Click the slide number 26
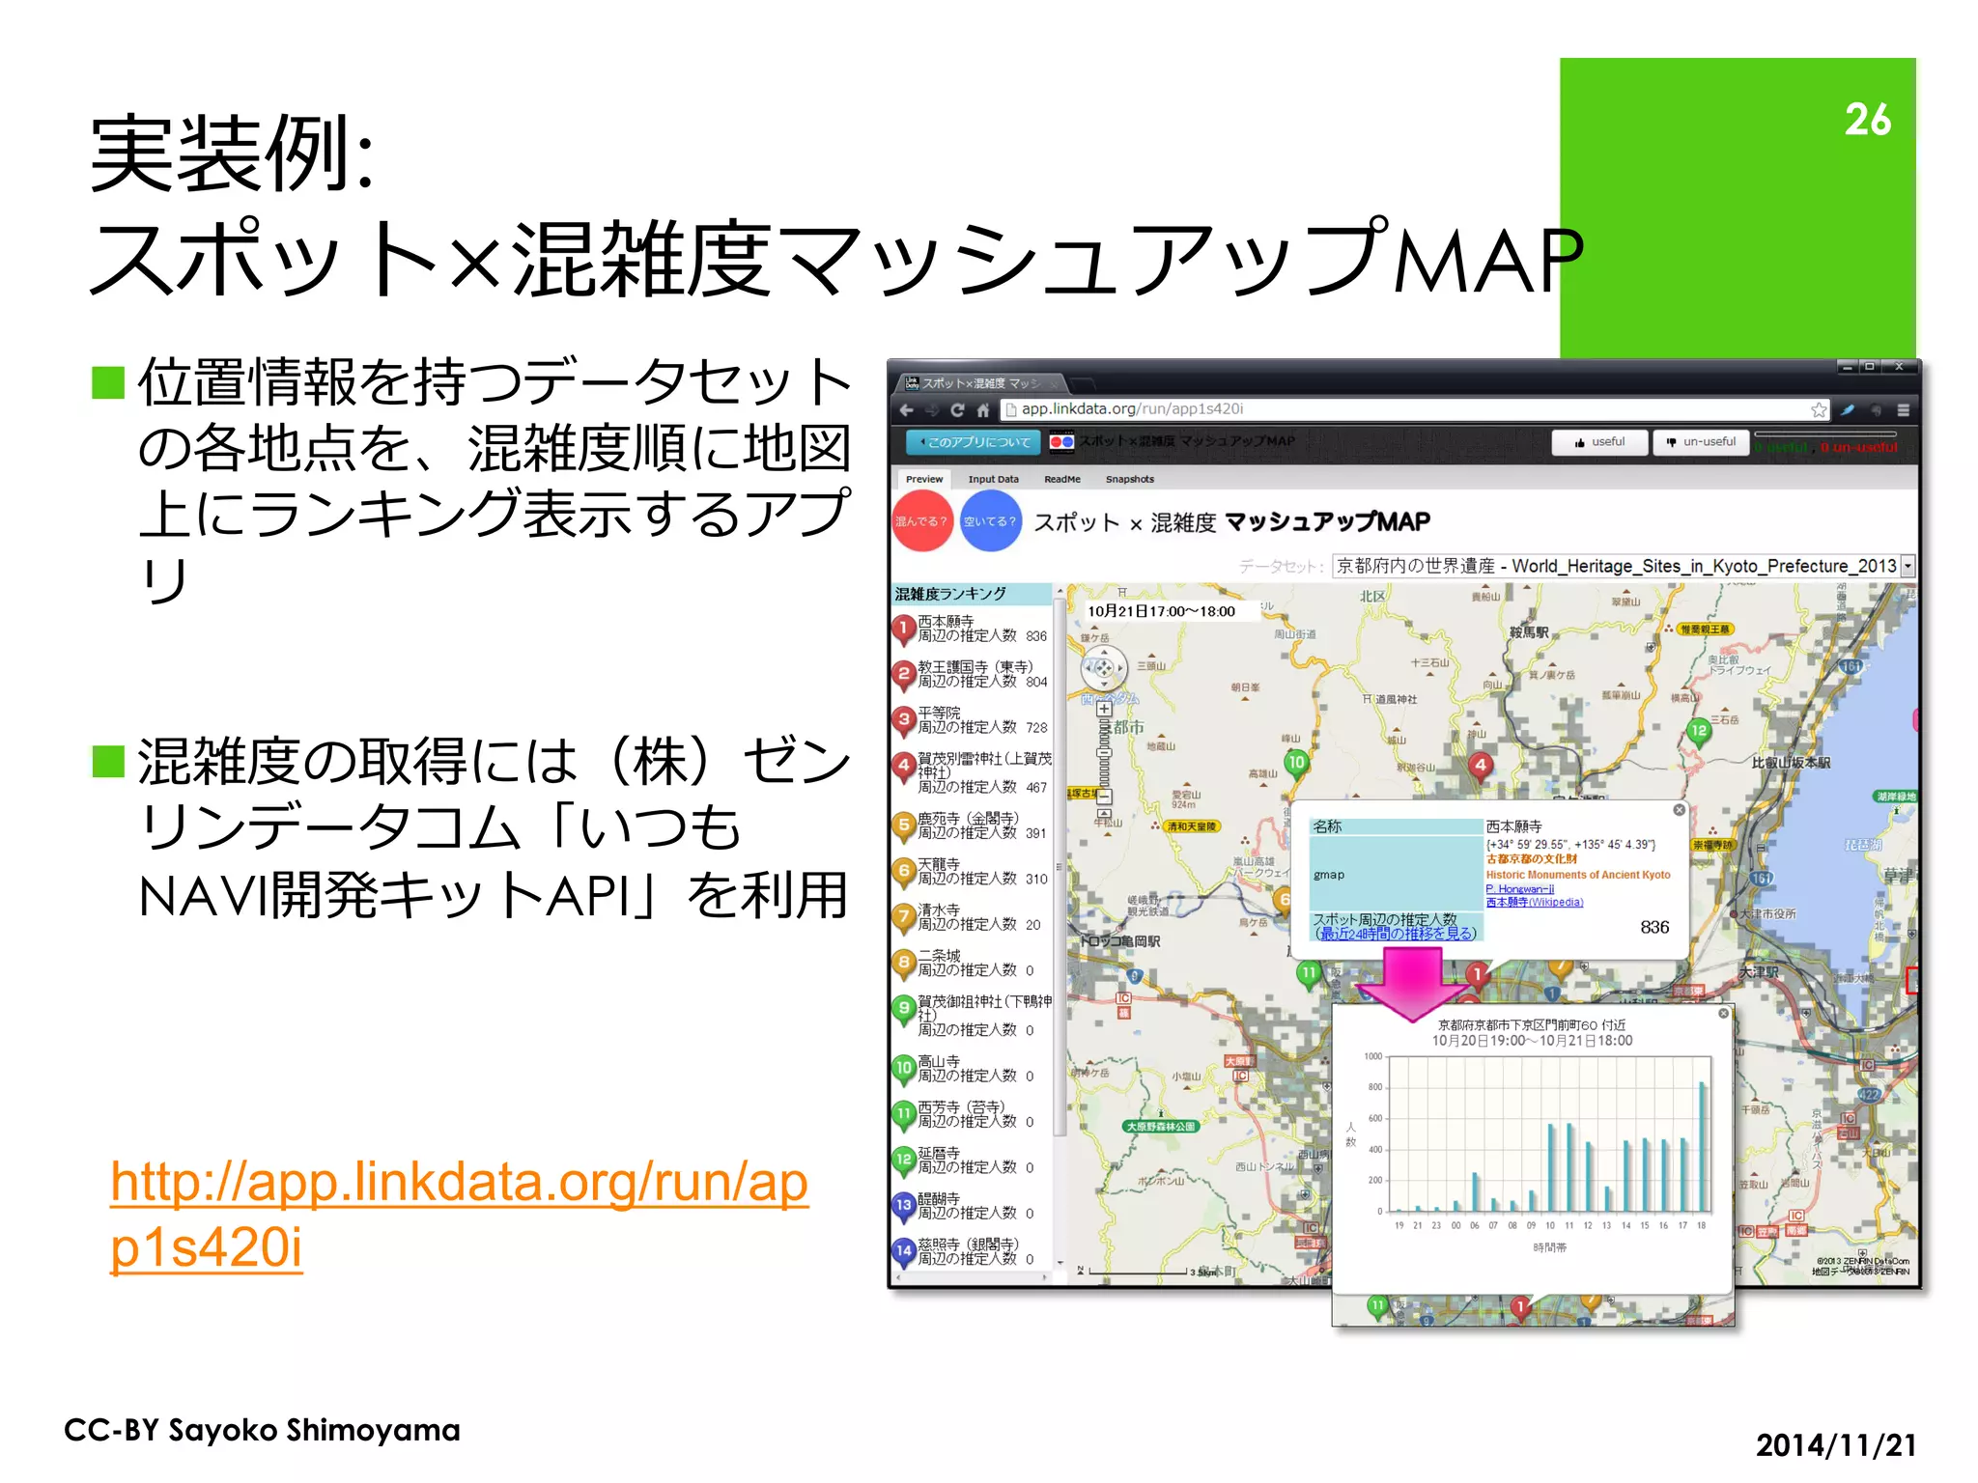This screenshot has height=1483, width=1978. (1866, 120)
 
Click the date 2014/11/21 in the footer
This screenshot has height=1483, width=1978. (1835, 1444)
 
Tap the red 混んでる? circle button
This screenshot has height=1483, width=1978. (921, 521)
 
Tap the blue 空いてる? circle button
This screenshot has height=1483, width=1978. (991, 521)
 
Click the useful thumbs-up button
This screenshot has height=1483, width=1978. (1599, 442)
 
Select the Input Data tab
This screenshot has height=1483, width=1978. (993, 479)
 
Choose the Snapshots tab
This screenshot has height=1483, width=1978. (1129, 479)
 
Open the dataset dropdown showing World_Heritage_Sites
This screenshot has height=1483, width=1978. (1623, 566)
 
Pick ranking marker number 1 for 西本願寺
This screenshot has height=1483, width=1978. (903, 629)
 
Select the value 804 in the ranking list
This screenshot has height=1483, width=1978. (1036, 682)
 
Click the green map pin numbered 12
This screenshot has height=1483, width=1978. (1698, 731)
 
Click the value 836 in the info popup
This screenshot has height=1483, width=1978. (1653, 927)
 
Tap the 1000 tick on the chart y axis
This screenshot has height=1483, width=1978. (1372, 1056)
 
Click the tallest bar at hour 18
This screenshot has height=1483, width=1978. (1702, 1146)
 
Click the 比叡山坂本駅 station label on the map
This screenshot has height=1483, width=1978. (1791, 763)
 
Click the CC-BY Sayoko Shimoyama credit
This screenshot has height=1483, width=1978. (262, 1430)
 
